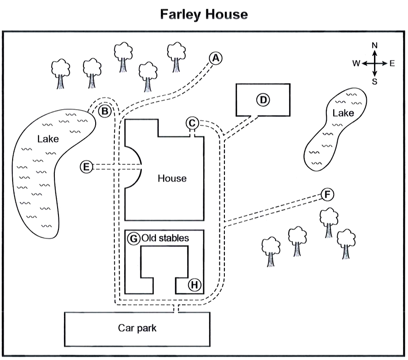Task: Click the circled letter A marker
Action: [x=216, y=58]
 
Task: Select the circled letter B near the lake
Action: [x=105, y=110]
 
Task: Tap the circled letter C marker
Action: [x=192, y=123]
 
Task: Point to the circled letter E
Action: [x=86, y=167]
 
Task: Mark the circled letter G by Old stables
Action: [x=133, y=238]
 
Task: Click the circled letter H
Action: [x=194, y=284]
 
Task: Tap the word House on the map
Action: [x=172, y=178]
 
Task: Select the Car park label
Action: [x=137, y=328]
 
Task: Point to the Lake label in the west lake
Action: [x=48, y=139]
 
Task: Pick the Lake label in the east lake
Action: [x=343, y=113]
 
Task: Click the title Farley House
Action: [x=204, y=14]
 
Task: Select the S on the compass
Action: [x=375, y=82]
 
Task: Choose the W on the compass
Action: [x=356, y=63]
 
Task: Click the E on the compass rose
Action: [x=392, y=63]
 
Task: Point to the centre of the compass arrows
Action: [x=375, y=63]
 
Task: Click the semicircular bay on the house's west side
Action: [x=134, y=167]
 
